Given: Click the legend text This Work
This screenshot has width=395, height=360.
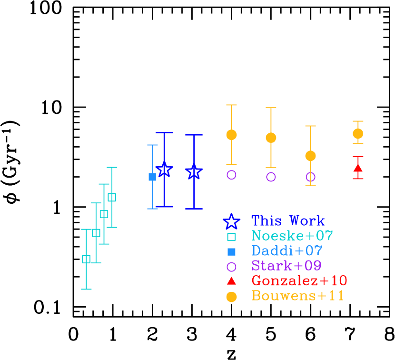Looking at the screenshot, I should tap(288, 221).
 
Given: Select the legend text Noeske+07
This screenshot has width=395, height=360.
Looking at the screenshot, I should tap(292, 236).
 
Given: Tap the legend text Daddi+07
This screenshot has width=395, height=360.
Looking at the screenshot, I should tap(287, 251).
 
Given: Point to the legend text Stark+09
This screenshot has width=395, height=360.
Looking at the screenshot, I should tap(286, 266).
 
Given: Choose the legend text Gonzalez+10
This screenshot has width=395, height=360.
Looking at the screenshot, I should tap(299, 281).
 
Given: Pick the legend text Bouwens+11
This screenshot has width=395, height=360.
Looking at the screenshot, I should tap(298, 296).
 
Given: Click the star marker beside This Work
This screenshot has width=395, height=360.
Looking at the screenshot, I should tap(231, 221).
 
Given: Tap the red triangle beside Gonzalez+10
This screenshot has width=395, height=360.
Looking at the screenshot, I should tap(231, 280).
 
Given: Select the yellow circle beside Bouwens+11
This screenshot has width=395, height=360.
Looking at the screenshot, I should tap(231, 297).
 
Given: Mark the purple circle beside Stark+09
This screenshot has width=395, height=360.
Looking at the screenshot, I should tap(231, 267).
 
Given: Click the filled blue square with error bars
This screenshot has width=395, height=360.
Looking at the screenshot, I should tap(152, 177).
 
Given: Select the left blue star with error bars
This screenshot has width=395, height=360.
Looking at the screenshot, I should tap(164, 170).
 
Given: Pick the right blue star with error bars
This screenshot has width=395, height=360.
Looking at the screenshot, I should tap(194, 171).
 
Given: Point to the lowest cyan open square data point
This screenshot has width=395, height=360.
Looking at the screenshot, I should tap(86, 259).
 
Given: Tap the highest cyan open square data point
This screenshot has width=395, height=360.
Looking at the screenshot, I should tap(112, 197).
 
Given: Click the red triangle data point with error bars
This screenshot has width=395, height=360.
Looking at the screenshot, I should tap(358, 168).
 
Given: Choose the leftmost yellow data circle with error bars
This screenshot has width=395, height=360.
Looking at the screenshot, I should tap(231, 135).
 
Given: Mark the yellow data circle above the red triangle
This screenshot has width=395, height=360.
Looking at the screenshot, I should tap(358, 134).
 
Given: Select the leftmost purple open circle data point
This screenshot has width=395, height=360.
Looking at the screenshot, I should tap(231, 175).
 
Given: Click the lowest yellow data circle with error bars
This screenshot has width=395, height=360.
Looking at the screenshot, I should tap(310, 156).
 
